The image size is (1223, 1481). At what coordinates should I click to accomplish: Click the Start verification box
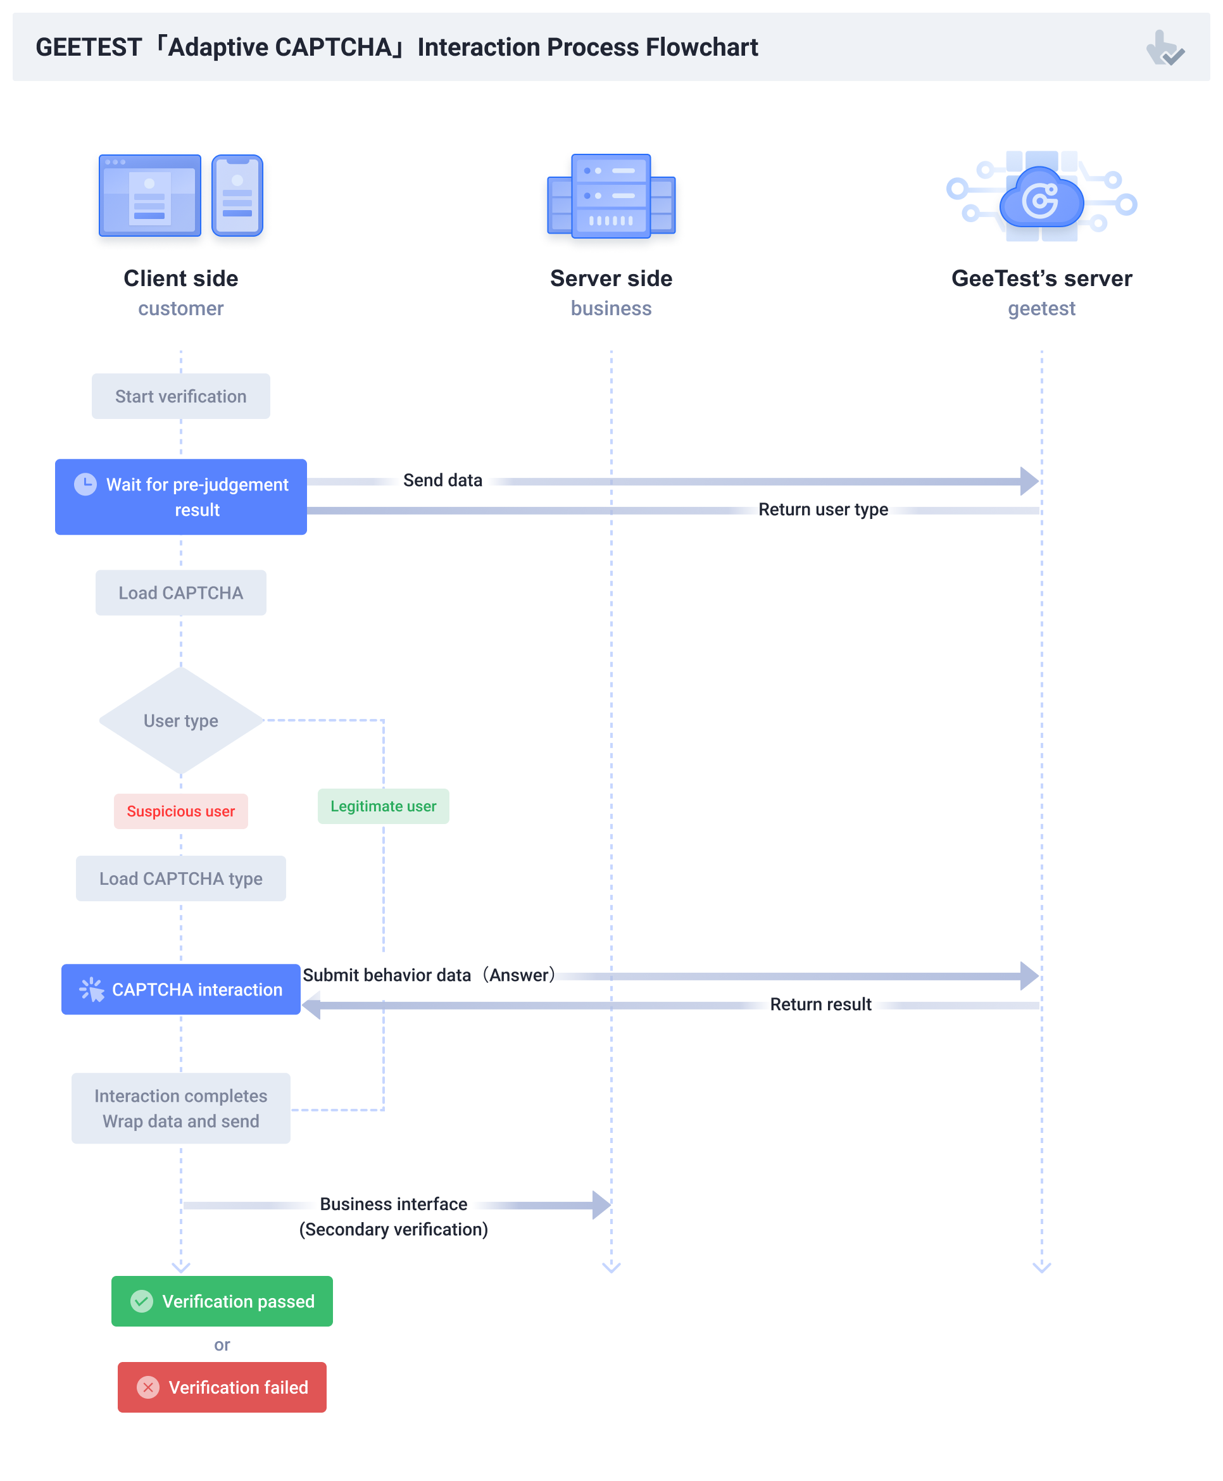(180, 396)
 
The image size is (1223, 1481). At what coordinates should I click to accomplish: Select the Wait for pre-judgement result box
(181, 497)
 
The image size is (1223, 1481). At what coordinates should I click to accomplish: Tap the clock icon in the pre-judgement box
(85, 485)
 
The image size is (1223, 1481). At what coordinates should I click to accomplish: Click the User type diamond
(180, 720)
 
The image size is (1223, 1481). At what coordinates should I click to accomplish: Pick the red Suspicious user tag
(180, 811)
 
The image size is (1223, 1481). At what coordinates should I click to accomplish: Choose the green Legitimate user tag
(383, 806)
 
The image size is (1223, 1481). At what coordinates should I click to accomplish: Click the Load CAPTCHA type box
(180, 879)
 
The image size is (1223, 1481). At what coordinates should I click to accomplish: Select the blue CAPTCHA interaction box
(181, 989)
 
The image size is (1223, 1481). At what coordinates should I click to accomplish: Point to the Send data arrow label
(442, 481)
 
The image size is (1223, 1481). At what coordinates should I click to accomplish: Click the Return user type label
(823, 510)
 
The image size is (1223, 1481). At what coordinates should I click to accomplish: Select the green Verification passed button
(222, 1301)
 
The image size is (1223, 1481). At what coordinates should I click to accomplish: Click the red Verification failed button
(222, 1387)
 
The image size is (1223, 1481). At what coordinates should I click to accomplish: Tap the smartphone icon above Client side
(237, 196)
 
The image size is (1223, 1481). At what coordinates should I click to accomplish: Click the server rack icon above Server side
(611, 196)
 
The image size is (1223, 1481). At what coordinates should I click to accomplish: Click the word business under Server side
(611, 308)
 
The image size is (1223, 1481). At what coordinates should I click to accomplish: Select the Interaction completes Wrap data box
(180, 1108)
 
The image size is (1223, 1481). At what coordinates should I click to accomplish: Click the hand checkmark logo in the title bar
(1165, 48)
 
